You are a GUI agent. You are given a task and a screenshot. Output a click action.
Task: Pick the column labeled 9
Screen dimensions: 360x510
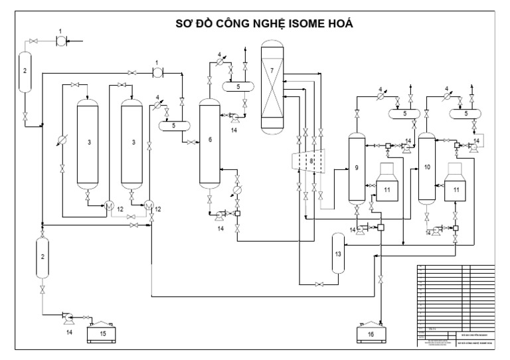click(x=357, y=167)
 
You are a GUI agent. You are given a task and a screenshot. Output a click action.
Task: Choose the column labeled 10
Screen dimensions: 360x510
click(x=426, y=167)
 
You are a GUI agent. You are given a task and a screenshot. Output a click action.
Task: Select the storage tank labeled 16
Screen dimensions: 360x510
click(x=370, y=332)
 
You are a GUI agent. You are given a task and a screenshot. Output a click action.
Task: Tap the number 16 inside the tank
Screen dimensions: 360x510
click(x=370, y=333)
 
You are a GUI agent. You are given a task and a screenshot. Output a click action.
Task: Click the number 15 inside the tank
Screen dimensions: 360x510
click(x=102, y=333)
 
